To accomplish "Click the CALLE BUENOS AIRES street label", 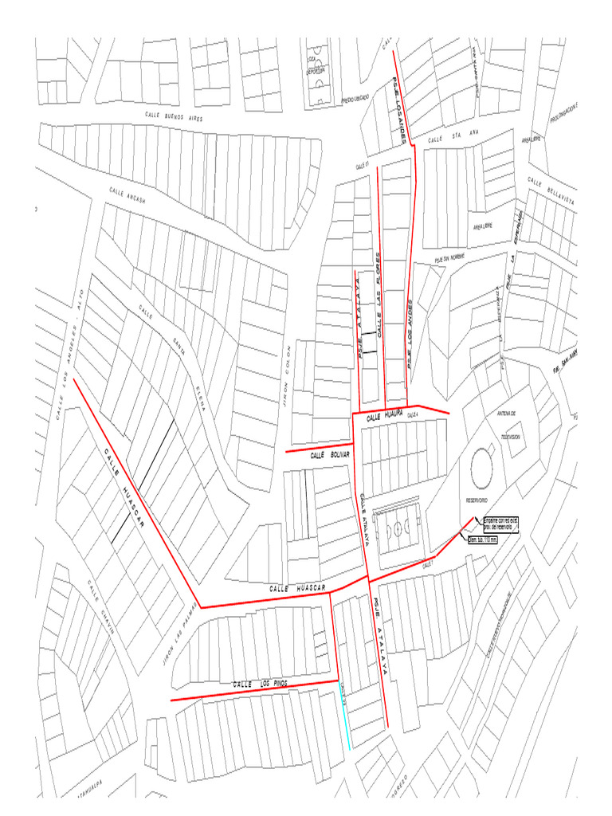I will tap(175, 116).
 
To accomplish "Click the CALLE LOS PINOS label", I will tap(260, 685).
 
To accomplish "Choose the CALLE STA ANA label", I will tap(446, 139).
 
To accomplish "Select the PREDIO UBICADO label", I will tap(355, 100).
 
